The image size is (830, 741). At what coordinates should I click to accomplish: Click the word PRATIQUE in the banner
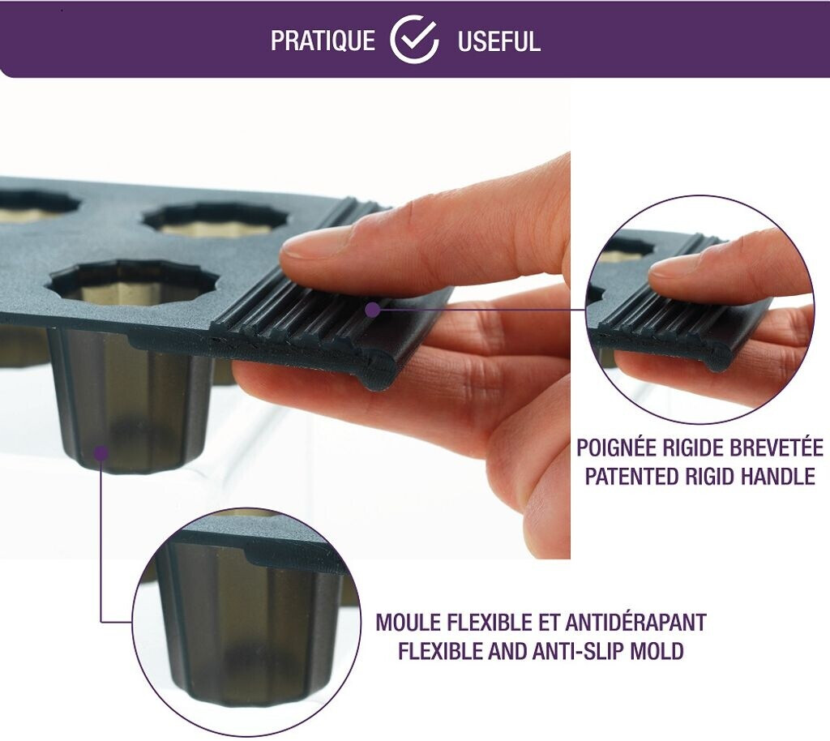[x=323, y=41]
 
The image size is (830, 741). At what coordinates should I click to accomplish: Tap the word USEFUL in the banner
[x=498, y=41]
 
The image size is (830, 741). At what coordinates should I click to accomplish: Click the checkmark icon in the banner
[x=414, y=40]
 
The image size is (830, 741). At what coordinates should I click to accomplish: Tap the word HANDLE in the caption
[x=777, y=477]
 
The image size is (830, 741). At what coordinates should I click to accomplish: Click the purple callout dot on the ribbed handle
[x=373, y=310]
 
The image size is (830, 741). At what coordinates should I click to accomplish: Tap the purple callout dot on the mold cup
[x=101, y=452]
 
